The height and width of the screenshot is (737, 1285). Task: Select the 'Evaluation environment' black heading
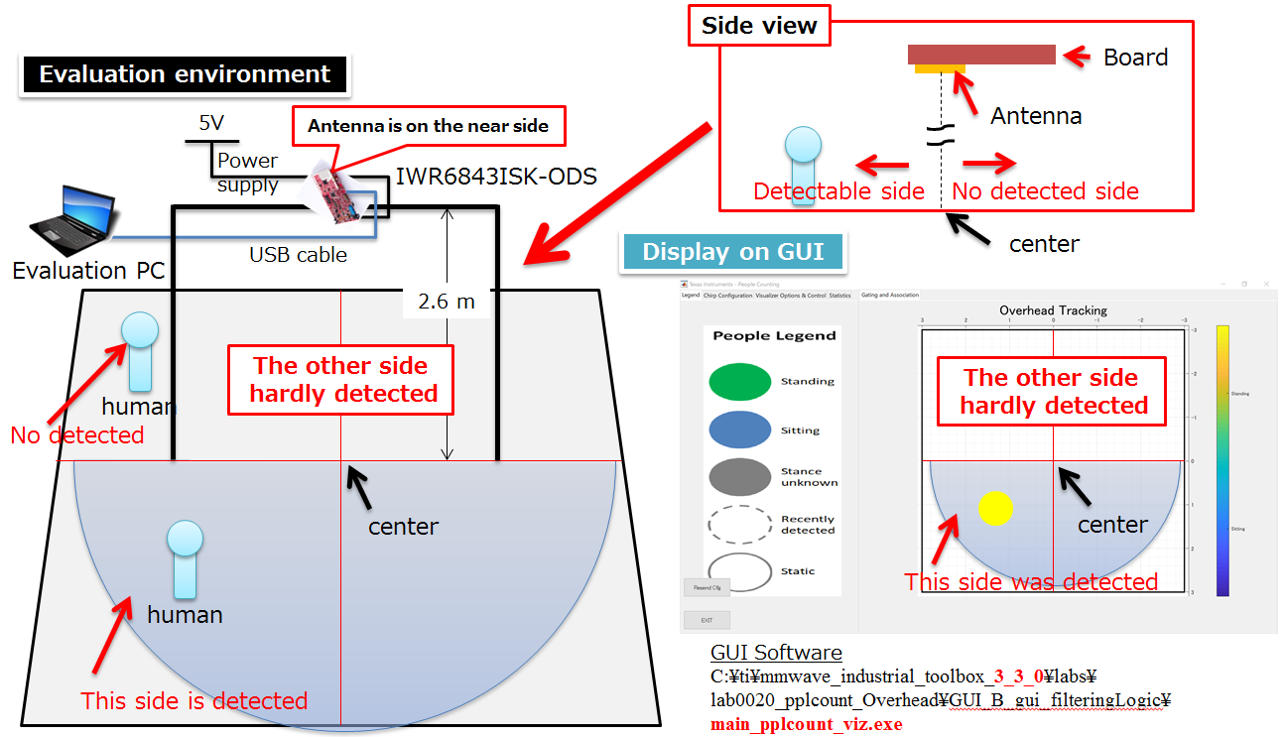tap(185, 74)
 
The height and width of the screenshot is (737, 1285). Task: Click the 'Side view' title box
tap(759, 26)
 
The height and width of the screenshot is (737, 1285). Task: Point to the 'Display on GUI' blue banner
tap(732, 252)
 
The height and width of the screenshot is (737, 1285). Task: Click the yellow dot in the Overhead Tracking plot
tap(995, 507)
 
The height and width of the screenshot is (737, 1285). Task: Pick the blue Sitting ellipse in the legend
tap(740, 430)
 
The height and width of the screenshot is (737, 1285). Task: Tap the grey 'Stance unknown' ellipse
tap(740, 477)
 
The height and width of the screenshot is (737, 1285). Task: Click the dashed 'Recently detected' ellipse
tap(740, 524)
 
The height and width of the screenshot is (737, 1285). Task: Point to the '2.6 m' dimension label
tap(447, 302)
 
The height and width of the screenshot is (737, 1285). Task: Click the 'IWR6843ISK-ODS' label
tap(496, 178)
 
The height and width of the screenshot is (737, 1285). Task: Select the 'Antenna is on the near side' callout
tap(428, 126)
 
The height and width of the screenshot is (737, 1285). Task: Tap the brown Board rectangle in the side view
tap(981, 55)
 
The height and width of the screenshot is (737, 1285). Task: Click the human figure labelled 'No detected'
tap(139, 352)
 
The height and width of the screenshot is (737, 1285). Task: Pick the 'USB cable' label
tap(298, 255)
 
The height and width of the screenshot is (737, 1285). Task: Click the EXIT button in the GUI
tap(707, 620)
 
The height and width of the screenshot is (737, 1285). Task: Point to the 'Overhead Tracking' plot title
tap(1053, 310)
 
